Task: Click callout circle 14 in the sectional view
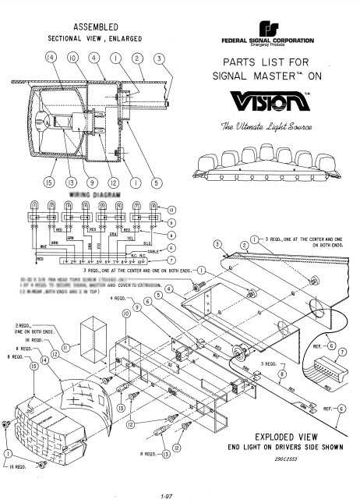pos(52,58)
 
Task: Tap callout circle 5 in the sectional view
pos(159,183)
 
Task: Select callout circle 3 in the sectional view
pos(159,58)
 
